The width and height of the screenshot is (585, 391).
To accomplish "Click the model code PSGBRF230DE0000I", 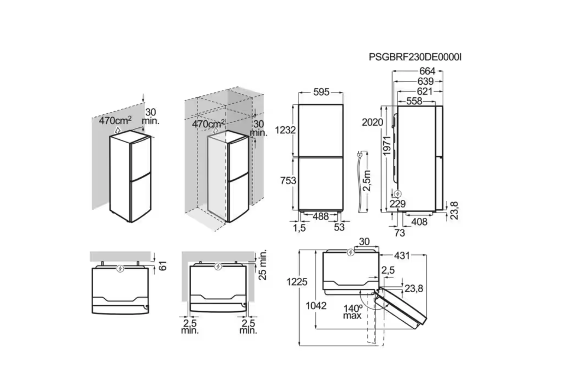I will tap(415, 57).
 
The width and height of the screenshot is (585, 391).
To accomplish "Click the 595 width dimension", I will tap(321, 92).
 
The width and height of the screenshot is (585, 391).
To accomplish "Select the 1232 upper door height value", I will tap(285, 130).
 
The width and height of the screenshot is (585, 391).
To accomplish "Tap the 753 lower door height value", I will tap(288, 181).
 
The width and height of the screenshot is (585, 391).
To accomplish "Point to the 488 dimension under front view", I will tap(321, 217).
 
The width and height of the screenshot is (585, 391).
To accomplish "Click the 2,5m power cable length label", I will tap(367, 181).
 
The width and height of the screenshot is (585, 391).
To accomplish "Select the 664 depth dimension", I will tap(427, 71).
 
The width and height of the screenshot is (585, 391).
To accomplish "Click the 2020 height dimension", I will tap(372, 122).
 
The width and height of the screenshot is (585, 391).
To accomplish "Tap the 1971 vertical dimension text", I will tap(387, 146).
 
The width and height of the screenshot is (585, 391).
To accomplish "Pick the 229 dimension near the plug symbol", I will tap(397, 204).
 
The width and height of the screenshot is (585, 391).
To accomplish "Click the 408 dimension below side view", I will tap(419, 222).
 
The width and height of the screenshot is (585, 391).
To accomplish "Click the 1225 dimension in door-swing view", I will tap(297, 282).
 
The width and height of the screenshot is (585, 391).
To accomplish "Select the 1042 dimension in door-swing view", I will tap(316, 306).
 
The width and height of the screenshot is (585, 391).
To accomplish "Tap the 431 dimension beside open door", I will tap(402, 255).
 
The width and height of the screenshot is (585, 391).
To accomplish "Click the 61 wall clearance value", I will tap(163, 266).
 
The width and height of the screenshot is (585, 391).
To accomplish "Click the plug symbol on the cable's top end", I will tap(360, 155).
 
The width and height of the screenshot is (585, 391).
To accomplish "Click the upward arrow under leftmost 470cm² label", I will tap(118, 130).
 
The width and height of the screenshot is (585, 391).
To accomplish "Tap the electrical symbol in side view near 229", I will tap(397, 194).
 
